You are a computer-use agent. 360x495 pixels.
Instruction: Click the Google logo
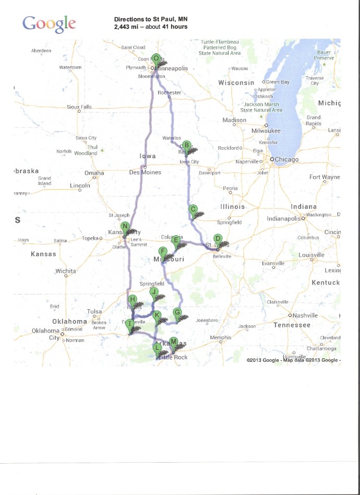(x=49, y=23)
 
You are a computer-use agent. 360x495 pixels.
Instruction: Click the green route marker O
(x=155, y=58)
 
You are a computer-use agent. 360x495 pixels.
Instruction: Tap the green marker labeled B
(x=186, y=146)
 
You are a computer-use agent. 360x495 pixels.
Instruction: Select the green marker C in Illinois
(x=193, y=209)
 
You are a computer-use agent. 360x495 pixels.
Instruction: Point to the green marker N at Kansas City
(x=125, y=227)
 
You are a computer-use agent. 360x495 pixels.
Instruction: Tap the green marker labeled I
(x=129, y=324)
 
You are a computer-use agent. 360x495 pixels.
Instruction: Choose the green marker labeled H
(x=133, y=300)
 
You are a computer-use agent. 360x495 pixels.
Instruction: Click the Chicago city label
(x=286, y=159)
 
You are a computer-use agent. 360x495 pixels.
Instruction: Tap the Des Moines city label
(x=145, y=172)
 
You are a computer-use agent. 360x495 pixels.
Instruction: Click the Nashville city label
(x=305, y=315)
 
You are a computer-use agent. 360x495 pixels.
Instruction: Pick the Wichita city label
(x=66, y=271)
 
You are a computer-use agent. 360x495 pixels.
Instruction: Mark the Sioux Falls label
(x=79, y=107)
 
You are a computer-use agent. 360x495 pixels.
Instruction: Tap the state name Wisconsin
(x=236, y=82)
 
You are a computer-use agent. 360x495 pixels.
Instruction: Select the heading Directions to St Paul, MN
(x=151, y=19)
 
